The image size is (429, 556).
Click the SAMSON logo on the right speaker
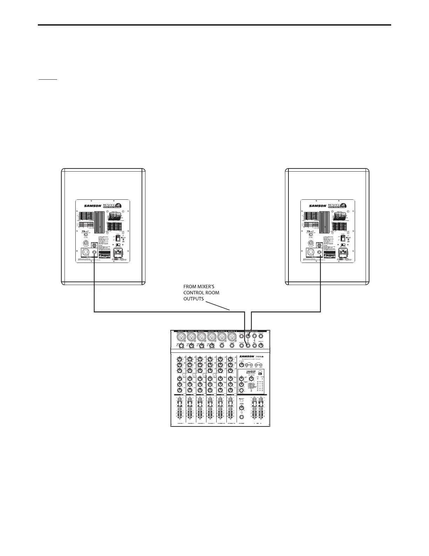pyautogui.click(x=318, y=206)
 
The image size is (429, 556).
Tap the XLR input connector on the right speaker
pyautogui.click(x=310, y=252)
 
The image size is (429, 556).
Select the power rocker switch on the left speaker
pyautogui.click(x=118, y=238)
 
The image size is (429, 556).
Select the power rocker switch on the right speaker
pyautogui.click(x=343, y=238)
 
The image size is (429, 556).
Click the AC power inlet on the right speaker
pyautogui.click(x=345, y=253)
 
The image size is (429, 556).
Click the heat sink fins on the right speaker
pyautogui.click(x=325, y=223)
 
